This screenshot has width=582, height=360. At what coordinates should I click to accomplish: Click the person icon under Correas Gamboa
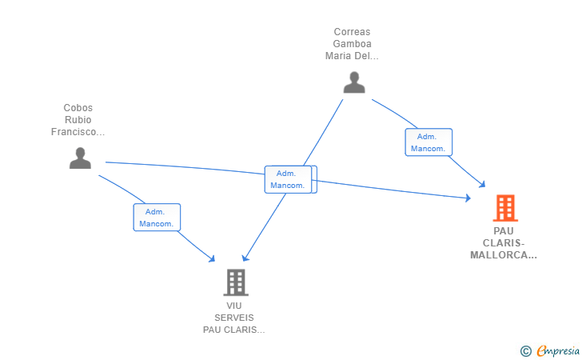click(x=354, y=82)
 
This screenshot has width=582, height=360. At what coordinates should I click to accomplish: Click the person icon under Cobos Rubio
click(x=80, y=158)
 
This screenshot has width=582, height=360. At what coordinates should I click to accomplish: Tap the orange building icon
click(x=505, y=208)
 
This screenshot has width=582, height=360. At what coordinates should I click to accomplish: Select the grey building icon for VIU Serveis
click(x=236, y=282)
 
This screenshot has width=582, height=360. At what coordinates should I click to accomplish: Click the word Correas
click(x=352, y=32)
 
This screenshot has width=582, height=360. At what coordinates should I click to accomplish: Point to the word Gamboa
click(x=352, y=44)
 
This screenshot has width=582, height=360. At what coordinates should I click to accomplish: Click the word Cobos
click(x=78, y=108)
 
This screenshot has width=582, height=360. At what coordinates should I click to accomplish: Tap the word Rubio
click(x=78, y=120)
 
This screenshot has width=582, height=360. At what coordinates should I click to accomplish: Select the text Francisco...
click(x=74, y=132)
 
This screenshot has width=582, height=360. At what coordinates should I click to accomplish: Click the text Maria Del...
click(x=348, y=56)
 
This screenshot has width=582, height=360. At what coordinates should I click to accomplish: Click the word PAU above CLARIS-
click(x=504, y=231)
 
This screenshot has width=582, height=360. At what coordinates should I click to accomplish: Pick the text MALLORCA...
click(x=499, y=255)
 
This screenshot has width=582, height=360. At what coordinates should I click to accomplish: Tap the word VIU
click(x=233, y=306)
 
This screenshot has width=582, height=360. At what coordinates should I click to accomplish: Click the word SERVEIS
click(x=233, y=318)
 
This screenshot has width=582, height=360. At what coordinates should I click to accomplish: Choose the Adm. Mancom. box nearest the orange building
click(x=429, y=142)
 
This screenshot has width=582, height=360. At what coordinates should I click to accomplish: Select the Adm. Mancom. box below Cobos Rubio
click(x=157, y=218)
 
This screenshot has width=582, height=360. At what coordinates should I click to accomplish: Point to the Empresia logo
click(x=558, y=350)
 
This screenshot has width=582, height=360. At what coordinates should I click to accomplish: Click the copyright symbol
click(x=525, y=351)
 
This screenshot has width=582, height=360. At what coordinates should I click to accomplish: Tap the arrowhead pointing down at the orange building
click(x=482, y=184)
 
